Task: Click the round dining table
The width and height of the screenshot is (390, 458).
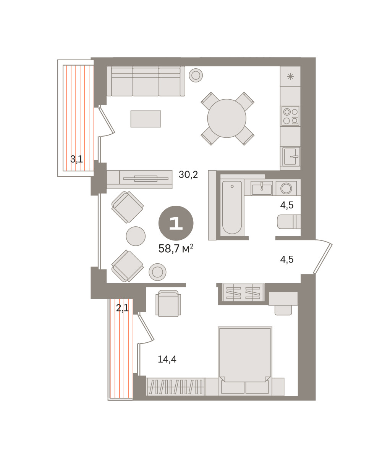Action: [227, 118]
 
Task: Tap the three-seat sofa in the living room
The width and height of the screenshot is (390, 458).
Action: [146, 81]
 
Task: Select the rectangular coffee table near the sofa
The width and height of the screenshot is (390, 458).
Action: [146, 119]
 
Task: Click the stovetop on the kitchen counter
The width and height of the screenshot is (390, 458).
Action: [290, 116]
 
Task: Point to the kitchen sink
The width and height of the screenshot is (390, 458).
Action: [291, 156]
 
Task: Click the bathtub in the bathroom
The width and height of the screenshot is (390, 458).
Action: [232, 207]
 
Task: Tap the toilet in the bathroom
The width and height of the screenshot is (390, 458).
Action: [289, 222]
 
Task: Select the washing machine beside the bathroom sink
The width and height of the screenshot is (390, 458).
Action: [286, 188]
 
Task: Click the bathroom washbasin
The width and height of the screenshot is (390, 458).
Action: [262, 188]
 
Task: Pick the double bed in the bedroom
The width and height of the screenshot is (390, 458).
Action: [245, 361]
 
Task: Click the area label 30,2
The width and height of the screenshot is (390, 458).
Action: [188, 175]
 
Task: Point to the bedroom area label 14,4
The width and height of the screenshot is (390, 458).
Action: [167, 359]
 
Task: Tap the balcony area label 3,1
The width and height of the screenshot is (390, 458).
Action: [76, 159]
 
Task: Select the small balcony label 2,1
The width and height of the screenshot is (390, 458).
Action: [122, 308]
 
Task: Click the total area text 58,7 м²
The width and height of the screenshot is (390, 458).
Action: [176, 248]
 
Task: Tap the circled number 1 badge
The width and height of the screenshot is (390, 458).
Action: [176, 223]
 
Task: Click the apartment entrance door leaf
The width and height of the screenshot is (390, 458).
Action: [323, 259]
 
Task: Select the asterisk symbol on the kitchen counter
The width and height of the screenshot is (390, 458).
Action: [290, 77]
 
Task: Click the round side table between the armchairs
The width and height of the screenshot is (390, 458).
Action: [136, 236]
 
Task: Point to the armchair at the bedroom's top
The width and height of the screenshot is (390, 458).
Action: [168, 303]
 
